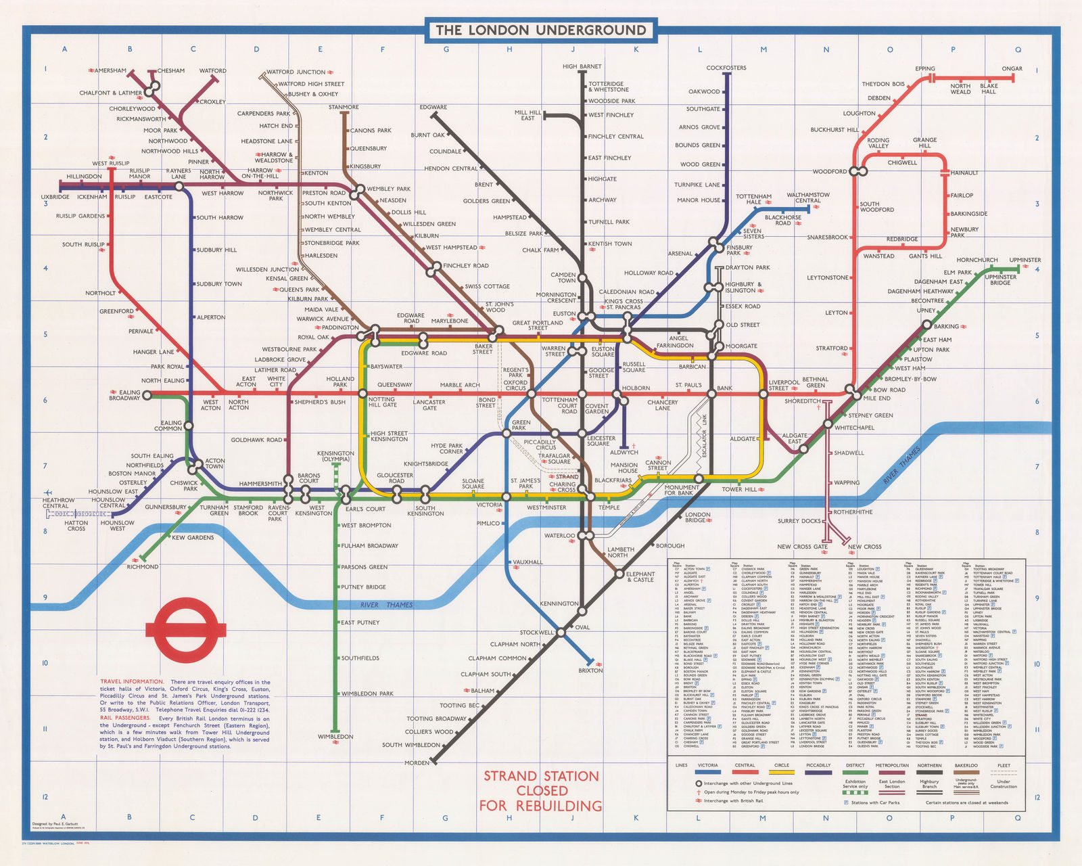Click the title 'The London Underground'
tap(541, 30)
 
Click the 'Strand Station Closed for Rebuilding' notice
tap(541, 790)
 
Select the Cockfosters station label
tap(726, 68)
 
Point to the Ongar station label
tap(1012, 68)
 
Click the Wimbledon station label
tap(336, 736)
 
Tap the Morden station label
tap(417, 762)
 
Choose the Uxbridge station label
tap(55, 197)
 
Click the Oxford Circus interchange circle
tap(532, 393)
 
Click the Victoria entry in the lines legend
tap(707, 765)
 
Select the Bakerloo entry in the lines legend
tap(966, 765)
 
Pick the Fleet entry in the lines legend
tap(1004, 765)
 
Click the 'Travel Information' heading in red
tap(132, 681)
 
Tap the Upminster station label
tap(1025, 260)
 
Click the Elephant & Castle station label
tap(640, 576)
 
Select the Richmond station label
tap(143, 566)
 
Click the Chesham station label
tap(171, 70)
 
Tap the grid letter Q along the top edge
tap(1018, 49)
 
